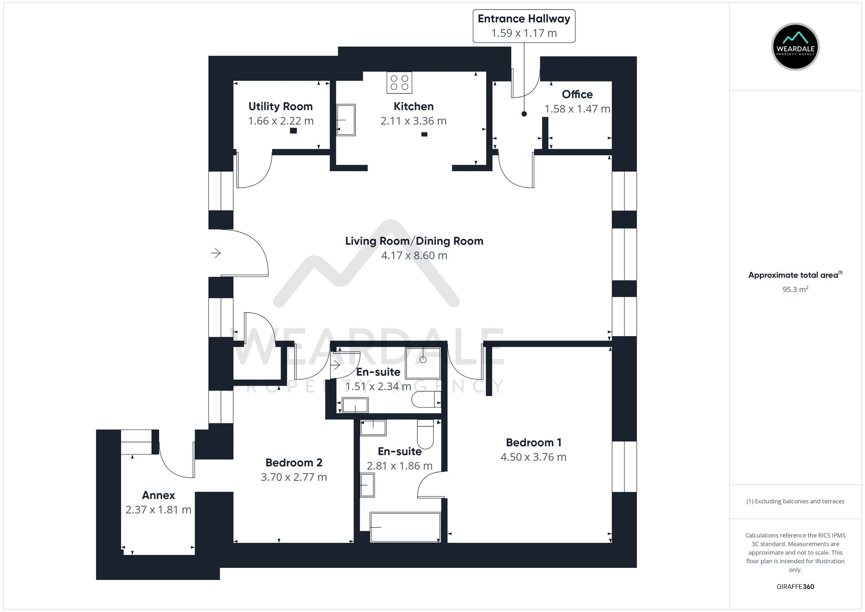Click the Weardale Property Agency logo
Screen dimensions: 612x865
(795, 47)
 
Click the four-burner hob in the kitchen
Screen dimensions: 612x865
(399, 83)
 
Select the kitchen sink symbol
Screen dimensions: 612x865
(346, 120)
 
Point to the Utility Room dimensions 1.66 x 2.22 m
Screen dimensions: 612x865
(281, 121)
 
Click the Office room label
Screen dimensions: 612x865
(577, 94)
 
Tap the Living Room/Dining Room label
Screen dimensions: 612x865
(414, 241)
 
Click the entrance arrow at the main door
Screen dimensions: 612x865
(216, 253)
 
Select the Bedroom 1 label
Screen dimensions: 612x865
(533, 442)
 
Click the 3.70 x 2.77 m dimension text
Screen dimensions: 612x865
(294, 477)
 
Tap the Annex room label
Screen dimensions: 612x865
(158, 495)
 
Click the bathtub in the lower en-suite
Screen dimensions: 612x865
(405, 527)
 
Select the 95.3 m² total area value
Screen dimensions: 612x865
(795, 289)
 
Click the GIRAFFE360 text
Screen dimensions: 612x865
(795, 587)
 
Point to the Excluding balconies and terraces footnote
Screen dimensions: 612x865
(795, 501)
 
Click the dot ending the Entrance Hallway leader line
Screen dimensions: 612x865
(524, 114)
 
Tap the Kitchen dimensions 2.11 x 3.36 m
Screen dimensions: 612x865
(413, 121)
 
